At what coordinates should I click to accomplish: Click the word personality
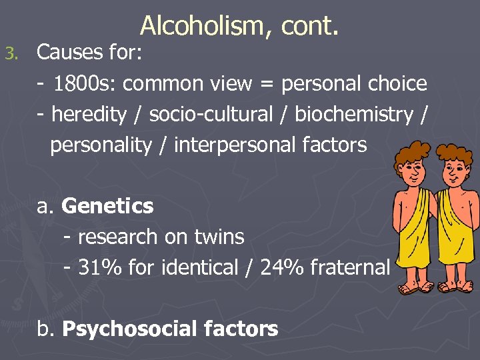pyautogui.click(x=101, y=145)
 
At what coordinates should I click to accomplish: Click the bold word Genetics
pyautogui.click(x=107, y=207)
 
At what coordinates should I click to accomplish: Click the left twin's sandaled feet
pyautogui.click(x=413, y=288)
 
